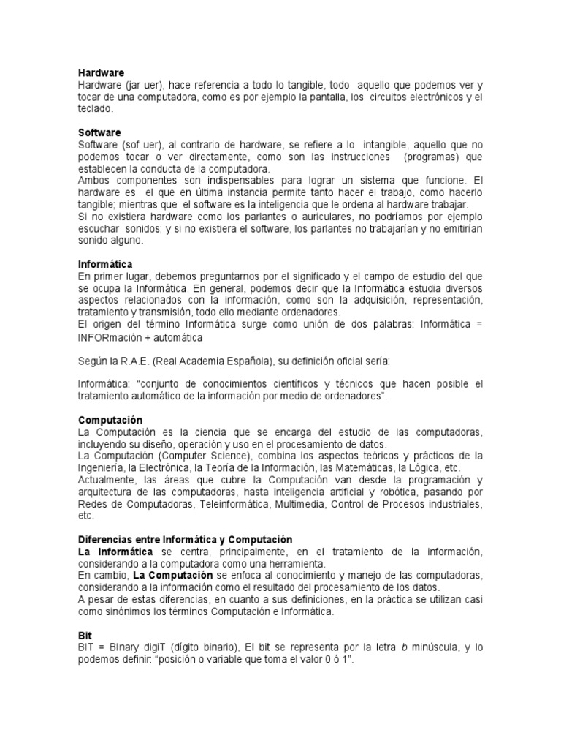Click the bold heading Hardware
pos(102,72)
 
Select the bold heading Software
pos(100,132)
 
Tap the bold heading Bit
pos(85,636)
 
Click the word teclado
pos(96,108)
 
